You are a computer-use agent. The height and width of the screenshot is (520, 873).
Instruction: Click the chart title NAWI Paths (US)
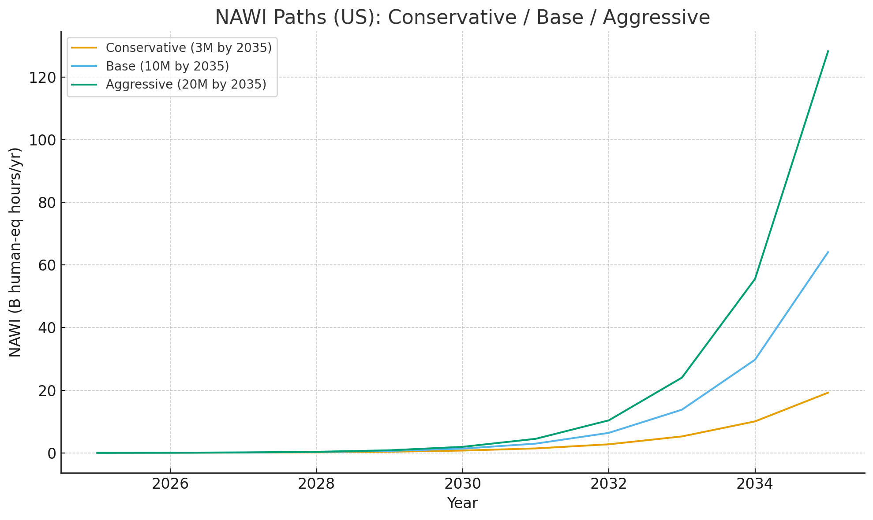462,18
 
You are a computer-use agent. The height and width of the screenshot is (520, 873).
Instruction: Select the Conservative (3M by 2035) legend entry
188,48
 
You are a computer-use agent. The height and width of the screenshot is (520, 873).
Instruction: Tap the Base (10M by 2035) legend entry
167,66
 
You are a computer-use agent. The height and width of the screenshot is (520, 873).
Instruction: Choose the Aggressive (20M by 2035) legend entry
186,84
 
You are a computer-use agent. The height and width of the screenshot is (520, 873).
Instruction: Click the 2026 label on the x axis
170,484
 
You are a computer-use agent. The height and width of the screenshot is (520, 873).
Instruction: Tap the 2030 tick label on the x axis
462,484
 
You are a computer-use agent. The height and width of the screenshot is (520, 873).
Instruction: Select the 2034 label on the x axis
755,484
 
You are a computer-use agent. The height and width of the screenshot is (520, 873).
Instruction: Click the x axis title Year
462,503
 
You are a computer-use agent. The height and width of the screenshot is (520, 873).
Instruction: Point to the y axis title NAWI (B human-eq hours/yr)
15,252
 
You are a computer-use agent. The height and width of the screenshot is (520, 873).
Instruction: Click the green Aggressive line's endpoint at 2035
828,51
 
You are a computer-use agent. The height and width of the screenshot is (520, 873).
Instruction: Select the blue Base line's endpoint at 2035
828,252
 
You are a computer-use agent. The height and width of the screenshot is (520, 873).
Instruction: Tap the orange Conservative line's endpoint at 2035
828,393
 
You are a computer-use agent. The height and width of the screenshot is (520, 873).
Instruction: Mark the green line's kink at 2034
755,279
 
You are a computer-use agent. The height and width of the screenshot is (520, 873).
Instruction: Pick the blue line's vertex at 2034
755,360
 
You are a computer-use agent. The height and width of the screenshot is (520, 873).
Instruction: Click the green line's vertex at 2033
682,377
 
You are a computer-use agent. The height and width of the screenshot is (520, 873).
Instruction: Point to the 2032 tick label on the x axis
609,484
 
